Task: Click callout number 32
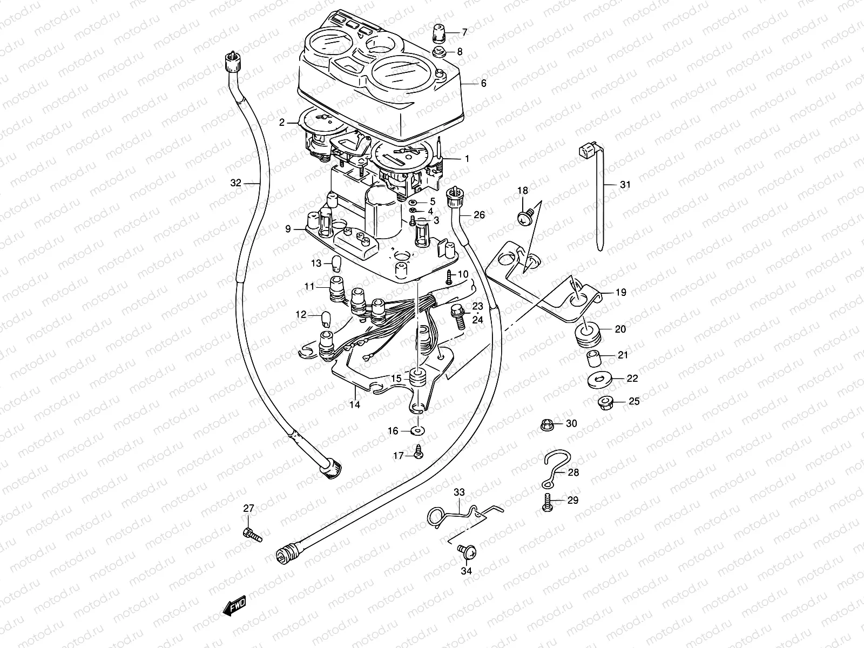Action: tap(235, 183)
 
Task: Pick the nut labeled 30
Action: tap(546, 424)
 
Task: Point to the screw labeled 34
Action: tap(464, 551)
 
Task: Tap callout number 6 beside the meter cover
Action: tap(483, 83)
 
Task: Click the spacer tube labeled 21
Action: tap(593, 357)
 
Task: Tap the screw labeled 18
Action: tap(523, 217)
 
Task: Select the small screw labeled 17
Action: tap(418, 454)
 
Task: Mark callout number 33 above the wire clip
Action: tap(458, 492)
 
